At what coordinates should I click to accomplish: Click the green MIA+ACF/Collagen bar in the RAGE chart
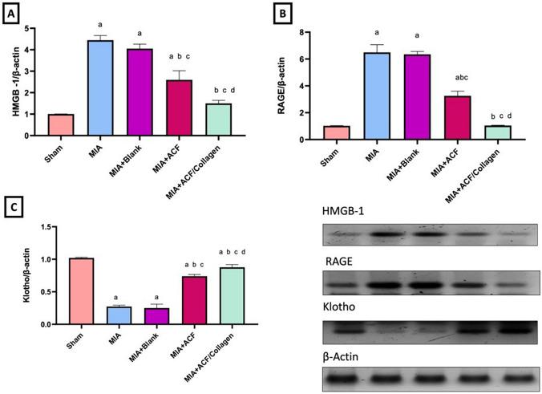point(498,132)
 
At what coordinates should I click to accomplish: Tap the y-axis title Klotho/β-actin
point(14,274)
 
